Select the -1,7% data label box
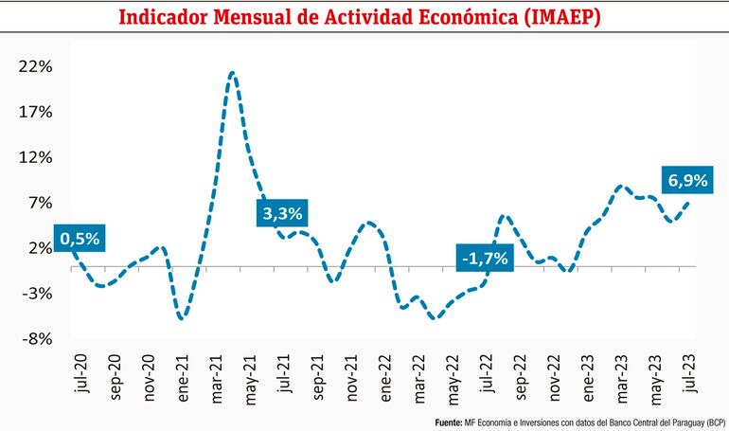pyautogui.click(x=483, y=258)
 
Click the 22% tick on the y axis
pyautogui.click(x=34, y=66)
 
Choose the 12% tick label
pyautogui.click(x=34, y=157)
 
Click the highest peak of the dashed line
pyautogui.click(x=232, y=73)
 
